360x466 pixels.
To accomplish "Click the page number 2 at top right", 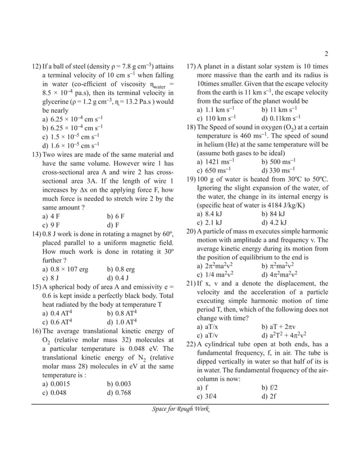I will click(327, 54).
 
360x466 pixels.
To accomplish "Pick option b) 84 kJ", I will click(274, 214).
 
